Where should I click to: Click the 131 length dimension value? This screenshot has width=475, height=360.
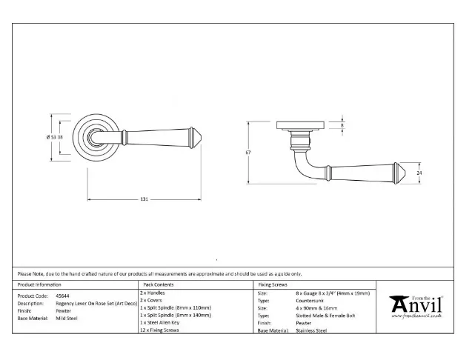145,199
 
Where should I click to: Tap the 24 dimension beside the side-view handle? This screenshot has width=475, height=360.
419,173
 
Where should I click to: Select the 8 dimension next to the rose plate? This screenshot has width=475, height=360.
342,126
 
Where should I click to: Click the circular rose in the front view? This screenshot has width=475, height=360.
90,137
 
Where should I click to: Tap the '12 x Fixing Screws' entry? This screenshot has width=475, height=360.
159,330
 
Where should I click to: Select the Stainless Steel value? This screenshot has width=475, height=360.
311,331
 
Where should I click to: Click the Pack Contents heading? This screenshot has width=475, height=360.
159,284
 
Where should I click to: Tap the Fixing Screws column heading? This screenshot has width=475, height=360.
274,284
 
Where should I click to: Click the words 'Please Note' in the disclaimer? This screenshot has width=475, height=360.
30,274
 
